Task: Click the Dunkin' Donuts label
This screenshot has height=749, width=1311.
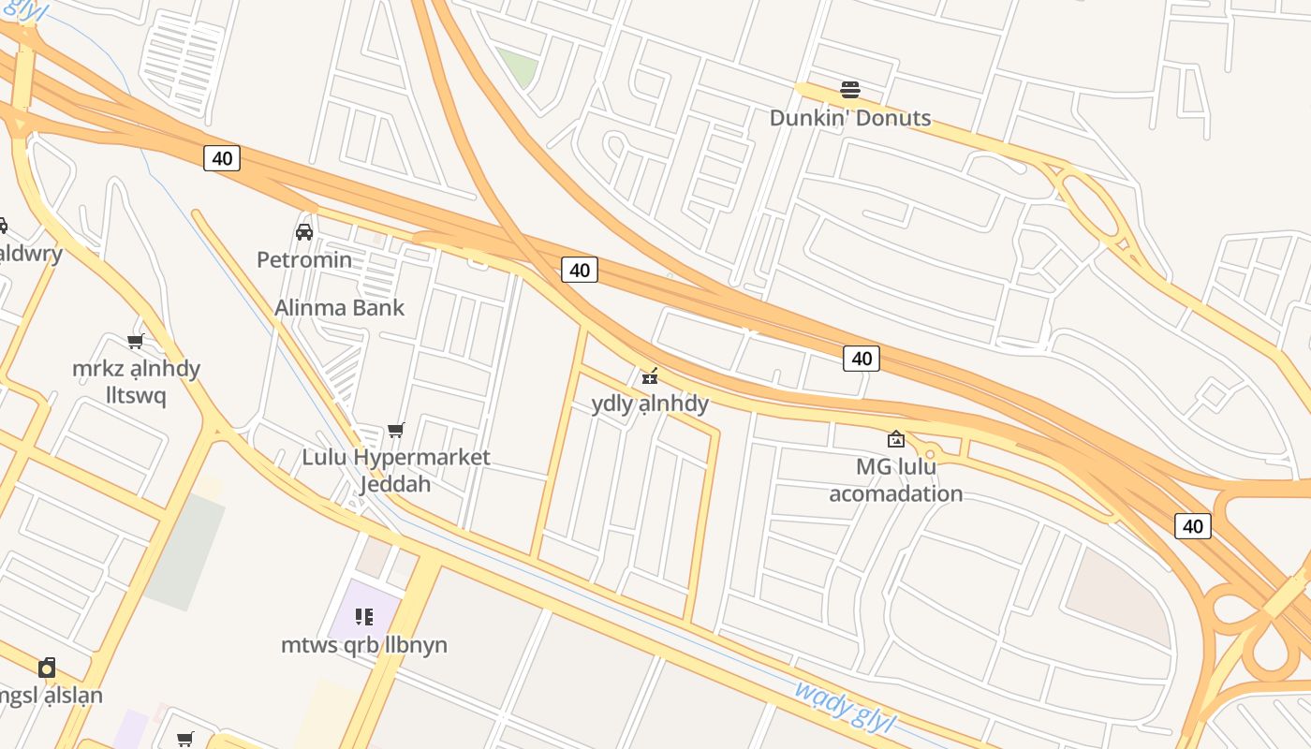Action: [850, 118]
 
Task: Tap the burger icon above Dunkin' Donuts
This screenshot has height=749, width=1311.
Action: [850, 90]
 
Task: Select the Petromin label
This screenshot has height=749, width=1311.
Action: [304, 259]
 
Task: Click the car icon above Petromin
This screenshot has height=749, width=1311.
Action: [304, 231]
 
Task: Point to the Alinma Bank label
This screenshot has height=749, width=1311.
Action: [339, 307]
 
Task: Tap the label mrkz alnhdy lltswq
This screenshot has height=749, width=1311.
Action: [137, 382]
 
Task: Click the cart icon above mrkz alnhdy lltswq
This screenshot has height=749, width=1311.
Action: [136, 341]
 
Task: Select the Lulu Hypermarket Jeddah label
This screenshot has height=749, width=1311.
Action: [396, 470]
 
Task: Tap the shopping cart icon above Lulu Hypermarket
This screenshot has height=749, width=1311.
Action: [396, 431]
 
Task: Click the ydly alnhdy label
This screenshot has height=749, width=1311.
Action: [650, 404]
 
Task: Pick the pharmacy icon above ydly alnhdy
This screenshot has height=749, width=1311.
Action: [650, 376]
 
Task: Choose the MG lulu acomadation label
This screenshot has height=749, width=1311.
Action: [896, 479]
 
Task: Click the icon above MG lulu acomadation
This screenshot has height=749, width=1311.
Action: [896, 438]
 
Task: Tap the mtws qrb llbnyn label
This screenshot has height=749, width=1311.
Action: [364, 645]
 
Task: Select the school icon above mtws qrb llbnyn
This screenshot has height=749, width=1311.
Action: [364, 616]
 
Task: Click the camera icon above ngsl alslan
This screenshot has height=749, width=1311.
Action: [47, 668]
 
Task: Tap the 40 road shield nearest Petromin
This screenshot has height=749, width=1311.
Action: [222, 158]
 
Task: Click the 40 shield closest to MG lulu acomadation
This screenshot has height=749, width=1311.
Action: [862, 358]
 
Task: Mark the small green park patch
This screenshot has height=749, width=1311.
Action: [518, 66]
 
